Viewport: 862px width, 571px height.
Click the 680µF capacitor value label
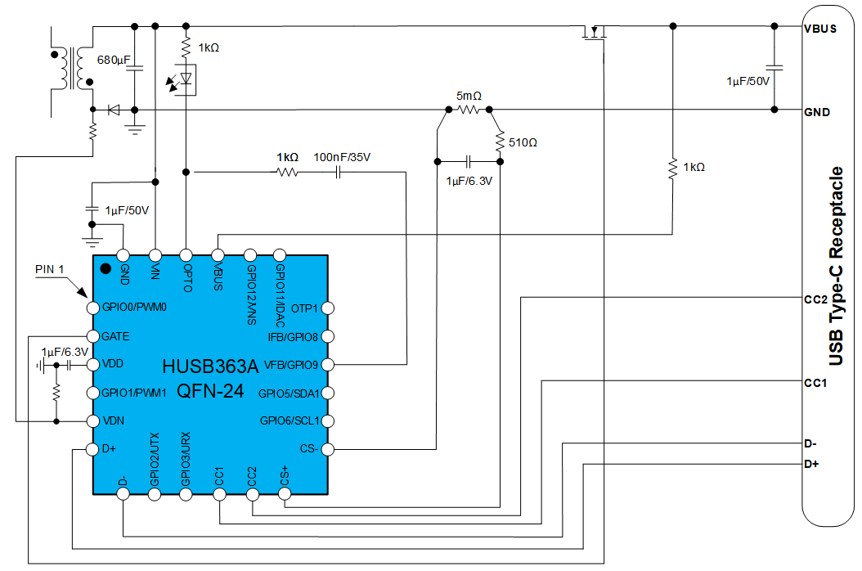[x=114, y=61]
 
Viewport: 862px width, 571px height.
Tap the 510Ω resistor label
[x=523, y=142]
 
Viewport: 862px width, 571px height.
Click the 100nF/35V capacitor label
[x=342, y=157]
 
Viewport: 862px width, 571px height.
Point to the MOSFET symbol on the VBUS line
[x=595, y=32]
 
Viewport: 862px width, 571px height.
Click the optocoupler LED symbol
[x=186, y=79]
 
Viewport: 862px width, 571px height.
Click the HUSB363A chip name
[x=209, y=366]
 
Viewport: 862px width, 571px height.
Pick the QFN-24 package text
[x=210, y=391]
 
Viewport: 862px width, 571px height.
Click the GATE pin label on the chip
[x=115, y=336]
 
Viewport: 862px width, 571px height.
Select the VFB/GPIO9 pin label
[x=291, y=364]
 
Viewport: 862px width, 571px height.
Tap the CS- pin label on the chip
[x=308, y=448]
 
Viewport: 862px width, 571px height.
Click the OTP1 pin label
[x=304, y=308]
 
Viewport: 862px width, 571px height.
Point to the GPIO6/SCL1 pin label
[x=289, y=420]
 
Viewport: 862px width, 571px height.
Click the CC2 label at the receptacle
[x=817, y=299]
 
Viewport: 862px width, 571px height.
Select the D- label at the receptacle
[x=810, y=443]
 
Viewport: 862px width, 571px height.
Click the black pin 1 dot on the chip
[x=106, y=268]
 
